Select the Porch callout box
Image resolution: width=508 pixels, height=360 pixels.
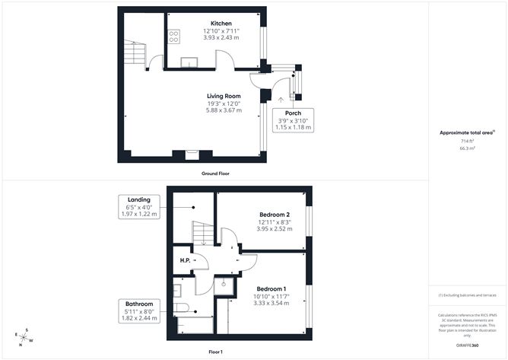point(293,119)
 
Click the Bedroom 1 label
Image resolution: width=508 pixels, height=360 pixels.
point(271,289)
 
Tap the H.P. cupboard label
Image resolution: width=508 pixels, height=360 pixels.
point(184,261)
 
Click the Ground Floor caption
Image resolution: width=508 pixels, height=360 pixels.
point(216,174)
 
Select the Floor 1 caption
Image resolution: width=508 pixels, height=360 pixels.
point(216,352)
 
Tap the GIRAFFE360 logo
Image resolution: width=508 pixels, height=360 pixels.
point(463,346)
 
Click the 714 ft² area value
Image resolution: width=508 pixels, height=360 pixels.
point(467,142)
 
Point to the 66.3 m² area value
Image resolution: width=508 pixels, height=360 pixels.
point(467,148)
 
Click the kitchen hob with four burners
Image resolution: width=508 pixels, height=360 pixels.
point(173,35)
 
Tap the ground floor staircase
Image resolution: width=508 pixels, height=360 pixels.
point(135,52)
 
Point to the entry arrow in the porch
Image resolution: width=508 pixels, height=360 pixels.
point(282,98)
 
